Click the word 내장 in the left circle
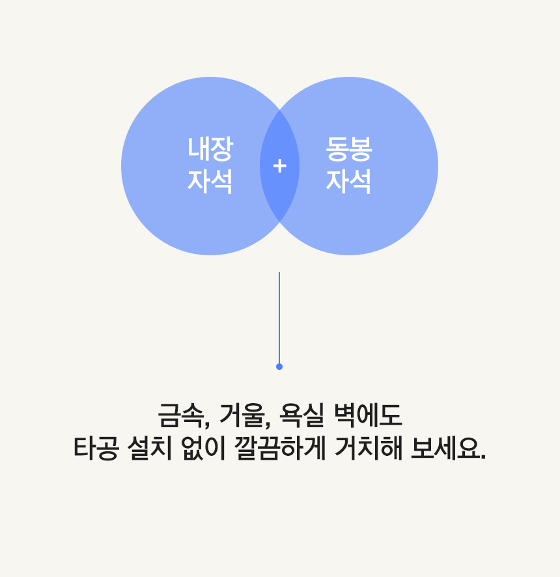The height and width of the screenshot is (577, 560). (210, 148)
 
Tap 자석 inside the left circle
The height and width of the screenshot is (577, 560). (210, 181)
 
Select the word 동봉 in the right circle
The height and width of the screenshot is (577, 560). (349, 148)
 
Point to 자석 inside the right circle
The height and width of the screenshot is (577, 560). (349, 181)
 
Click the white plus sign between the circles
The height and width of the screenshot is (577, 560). (279, 166)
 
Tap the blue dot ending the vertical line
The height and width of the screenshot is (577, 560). (279, 367)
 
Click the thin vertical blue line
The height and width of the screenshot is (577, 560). (279, 318)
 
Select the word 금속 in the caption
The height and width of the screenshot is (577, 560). (181, 415)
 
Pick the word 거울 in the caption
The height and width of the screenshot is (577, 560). (242, 415)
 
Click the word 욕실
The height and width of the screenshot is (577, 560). (301, 415)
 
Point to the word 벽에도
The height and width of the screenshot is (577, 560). (368, 415)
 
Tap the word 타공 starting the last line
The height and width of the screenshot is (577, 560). (96, 448)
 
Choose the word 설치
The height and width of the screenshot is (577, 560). (149, 448)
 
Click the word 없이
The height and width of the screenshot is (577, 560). (203, 448)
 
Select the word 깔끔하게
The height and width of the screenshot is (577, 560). (280, 448)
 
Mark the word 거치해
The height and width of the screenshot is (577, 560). (369, 448)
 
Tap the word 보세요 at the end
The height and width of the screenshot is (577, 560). (445, 448)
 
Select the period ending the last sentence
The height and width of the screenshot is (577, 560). (483, 457)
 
